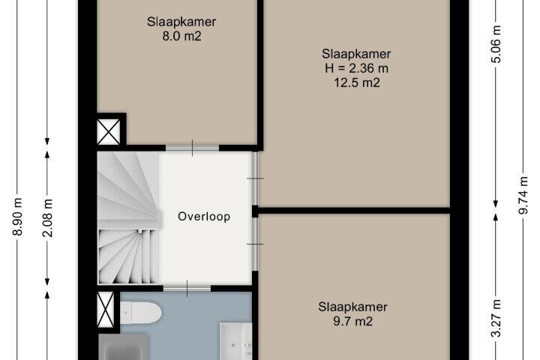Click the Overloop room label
coord(204,217)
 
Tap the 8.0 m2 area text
coord(181,36)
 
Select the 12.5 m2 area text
coord(357,82)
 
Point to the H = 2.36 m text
coord(356,68)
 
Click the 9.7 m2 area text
coord(353,322)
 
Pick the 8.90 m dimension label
coord(17,217)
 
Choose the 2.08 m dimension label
coord(47,217)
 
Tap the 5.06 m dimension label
coord(496,44)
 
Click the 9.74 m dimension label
coord(523,195)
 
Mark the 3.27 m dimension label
coord(496,318)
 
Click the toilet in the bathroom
coord(141,313)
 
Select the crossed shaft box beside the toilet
coord(106,309)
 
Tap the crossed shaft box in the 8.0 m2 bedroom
coord(109,131)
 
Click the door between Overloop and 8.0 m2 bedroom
coord(193,148)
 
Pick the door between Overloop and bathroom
coord(187,288)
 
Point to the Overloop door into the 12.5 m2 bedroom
coord(255,178)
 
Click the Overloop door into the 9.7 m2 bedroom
coord(255,244)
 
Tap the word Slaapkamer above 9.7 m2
coord(353,307)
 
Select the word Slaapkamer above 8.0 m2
coord(181,22)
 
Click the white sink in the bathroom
coord(236,341)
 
